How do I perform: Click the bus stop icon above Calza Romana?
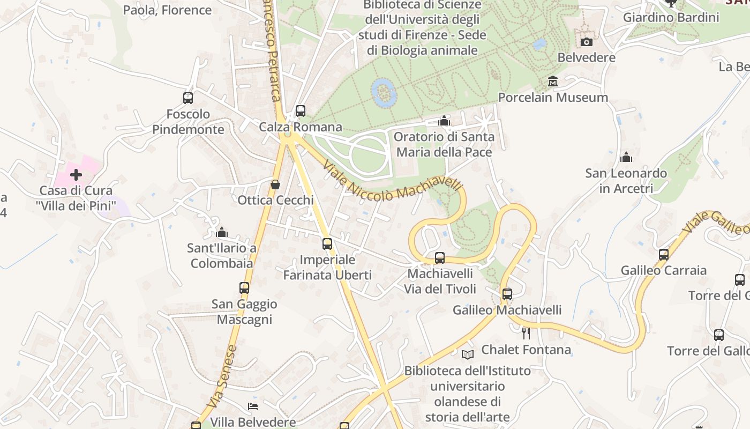point(301,111)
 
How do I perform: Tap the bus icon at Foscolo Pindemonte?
point(188,98)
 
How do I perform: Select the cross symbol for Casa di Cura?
point(76,175)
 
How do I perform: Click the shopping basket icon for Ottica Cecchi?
point(275,184)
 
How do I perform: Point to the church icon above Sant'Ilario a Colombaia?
point(222,232)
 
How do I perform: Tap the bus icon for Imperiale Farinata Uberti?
point(327,244)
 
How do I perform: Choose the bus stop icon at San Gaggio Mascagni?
point(244,288)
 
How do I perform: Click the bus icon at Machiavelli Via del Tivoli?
point(440,258)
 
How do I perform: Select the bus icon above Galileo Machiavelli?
point(507,294)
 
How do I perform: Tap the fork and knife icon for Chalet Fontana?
point(526,334)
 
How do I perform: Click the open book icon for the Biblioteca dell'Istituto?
point(468,354)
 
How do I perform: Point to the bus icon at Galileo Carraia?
point(664,255)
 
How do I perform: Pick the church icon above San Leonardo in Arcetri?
point(626,157)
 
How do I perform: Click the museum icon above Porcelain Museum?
point(553,82)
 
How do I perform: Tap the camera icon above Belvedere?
point(587,42)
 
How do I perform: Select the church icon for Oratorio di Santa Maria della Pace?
point(444,121)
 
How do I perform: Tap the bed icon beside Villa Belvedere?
point(252,406)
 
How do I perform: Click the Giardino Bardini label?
point(671,17)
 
